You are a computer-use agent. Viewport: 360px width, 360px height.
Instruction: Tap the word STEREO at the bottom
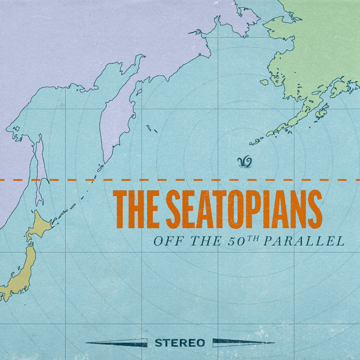point(179,343)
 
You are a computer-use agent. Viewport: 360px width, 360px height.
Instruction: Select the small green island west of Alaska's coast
point(264,82)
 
